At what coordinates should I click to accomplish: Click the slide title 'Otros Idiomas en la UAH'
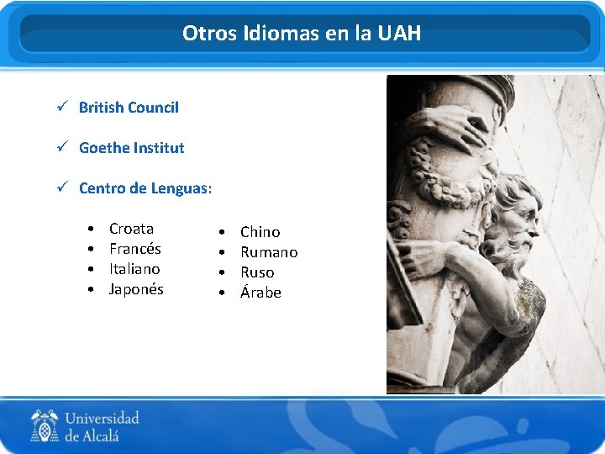(x=302, y=34)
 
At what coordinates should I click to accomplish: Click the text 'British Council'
(x=129, y=108)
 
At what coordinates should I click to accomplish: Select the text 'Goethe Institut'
(x=131, y=148)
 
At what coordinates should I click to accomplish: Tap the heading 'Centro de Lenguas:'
(x=145, y=188)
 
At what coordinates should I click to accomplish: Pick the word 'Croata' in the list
(x=131, y=229)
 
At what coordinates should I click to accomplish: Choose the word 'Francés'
(x=134, y=249)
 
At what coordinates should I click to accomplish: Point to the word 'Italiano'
(x=134, y=269)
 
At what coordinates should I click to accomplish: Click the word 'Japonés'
(x=136, y=289)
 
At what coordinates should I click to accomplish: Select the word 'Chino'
(x=260, y=232)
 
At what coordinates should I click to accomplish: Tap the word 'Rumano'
(x=269, y=252)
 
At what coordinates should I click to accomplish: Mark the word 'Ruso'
(x=257, y=272)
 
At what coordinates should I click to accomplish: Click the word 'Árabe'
(x=260, y=293)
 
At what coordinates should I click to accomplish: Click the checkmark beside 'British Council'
(x=61, y=107)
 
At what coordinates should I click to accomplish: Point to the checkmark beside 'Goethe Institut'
(x=61, y=147)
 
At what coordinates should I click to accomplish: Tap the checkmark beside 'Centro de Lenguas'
(x=61, y=187)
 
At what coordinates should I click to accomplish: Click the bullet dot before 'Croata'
(x=90, y=230)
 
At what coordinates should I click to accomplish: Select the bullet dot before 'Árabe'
(x=221, y=293)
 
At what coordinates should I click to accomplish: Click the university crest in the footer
(x=45, y=425)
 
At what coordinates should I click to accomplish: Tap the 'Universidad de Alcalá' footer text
(x=102, y=426)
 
